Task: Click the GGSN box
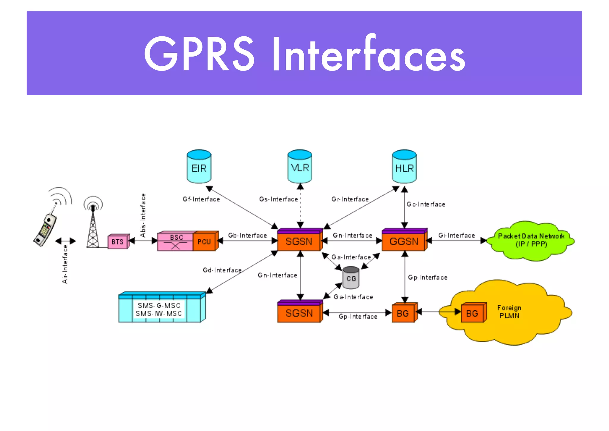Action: tap(404, 241)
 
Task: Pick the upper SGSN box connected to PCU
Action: tap(299, 241)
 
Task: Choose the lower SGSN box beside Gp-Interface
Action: tap(299, 313)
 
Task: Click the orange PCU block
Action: tap(204, 242)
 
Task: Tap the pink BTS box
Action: tap(118, 242)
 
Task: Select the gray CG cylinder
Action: tap(351, 278)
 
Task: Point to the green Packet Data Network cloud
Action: tap(531, 241)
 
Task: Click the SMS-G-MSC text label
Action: tap(159, 306)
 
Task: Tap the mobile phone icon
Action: tap(45, 229)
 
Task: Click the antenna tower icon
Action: tap(93, 226)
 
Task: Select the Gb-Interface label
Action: tap(247, 235)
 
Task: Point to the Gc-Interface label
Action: tap(426, 204)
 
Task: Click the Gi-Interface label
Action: tap(456, 235)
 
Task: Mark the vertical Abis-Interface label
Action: tap(143, 215)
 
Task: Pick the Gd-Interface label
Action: tap(222, 270)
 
